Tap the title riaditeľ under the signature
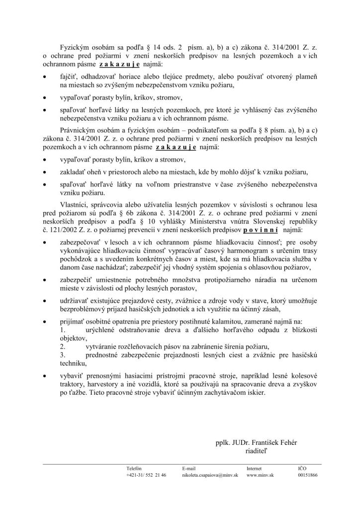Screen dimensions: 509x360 [256, 451]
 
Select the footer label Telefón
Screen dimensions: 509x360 [134, 468]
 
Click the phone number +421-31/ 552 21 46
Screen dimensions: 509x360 [147, 475]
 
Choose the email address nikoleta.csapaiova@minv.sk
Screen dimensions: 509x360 [210, 475]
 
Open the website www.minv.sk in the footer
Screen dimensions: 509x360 [260, 475]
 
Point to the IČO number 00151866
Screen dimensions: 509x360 [308, 475]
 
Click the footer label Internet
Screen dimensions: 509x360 [255, 468]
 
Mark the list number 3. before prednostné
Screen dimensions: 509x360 [63, 355]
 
